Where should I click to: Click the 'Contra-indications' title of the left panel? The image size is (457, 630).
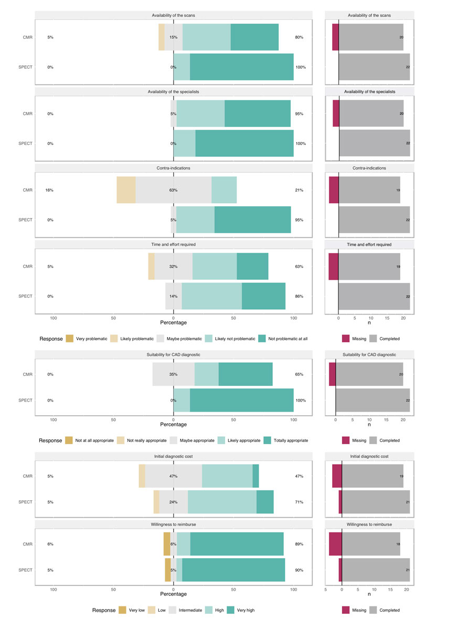click(x=173, y=168)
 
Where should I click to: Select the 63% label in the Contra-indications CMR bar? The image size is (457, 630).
click(x=173, y=190)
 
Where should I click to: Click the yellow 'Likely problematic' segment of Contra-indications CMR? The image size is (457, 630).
click(x=126, y=190)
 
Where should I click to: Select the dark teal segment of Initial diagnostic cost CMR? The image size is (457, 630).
click(x=256, y=476)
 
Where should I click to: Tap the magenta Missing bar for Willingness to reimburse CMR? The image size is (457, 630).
click(x=335, y=544)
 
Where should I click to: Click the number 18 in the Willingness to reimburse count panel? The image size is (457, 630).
click(x=397, y=544)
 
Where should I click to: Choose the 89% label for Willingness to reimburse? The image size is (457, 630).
click(x=299, y=544)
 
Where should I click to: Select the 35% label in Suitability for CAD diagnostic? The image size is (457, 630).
click(x=173, y=374)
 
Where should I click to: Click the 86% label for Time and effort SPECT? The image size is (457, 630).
click(x=299, y=296)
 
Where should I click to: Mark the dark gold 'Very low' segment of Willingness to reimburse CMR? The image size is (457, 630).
click(x=167, y=544)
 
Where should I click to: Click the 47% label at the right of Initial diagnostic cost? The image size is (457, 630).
click(x=299, y=476)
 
